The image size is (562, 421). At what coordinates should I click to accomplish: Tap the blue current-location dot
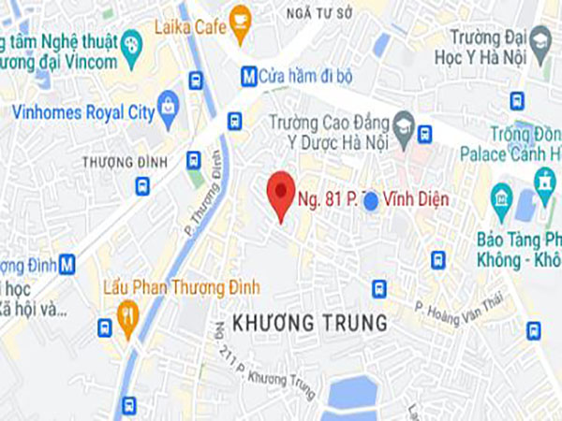(x=371, y=199)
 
